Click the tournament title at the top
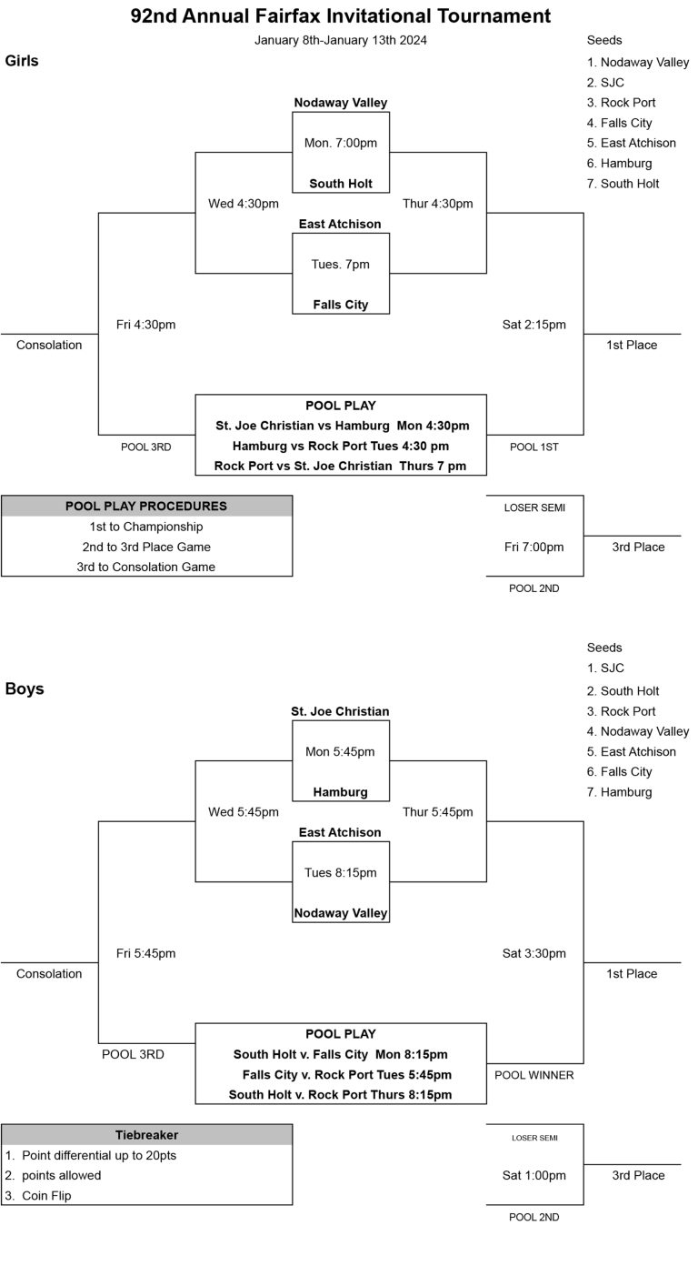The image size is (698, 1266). [341, 16]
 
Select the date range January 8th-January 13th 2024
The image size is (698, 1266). [341, 40]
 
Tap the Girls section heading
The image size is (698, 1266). [22, 61]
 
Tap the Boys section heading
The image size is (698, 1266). [25, 688]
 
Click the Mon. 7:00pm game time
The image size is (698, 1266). [341, 143]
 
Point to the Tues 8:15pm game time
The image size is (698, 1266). [341, 872]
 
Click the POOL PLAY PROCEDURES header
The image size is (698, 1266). [146, 506]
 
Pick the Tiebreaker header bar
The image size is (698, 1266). [146, 1135]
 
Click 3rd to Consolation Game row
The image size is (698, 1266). [146, 567]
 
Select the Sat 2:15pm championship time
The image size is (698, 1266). [534, 325]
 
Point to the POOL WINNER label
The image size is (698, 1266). [534, 1075]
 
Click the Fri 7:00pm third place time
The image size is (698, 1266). [534, 547]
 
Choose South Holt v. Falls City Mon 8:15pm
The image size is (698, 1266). [341, 1055]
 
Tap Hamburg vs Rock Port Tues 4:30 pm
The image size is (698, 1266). [341, 446]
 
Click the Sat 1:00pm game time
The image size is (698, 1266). [534, 1175]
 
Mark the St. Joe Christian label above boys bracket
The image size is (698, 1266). [340, 711]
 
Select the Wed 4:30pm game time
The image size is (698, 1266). [244, 204]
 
